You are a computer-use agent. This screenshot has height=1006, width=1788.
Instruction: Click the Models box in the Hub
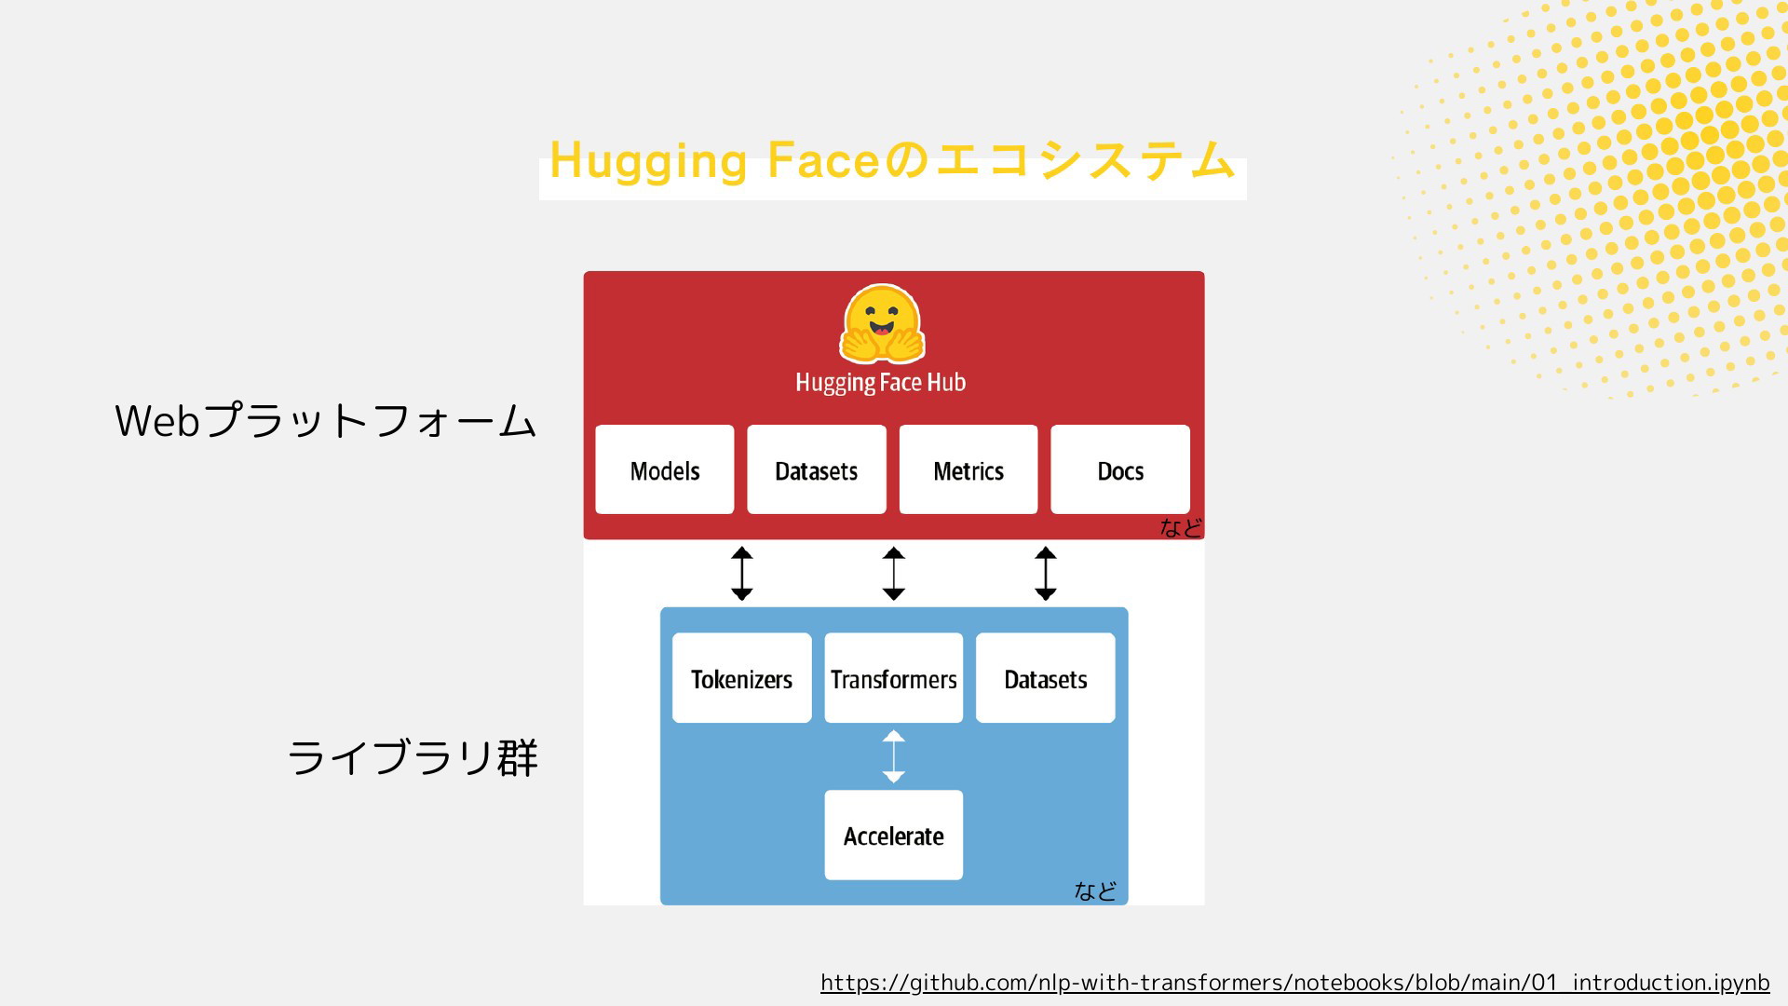(x=665, y=469)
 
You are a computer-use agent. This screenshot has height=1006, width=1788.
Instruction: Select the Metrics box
(x=968, y=469)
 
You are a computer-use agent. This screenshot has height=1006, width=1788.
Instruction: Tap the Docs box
(x=1120, y=469)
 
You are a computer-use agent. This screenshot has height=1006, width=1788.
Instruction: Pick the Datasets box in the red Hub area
(x=817, y=469)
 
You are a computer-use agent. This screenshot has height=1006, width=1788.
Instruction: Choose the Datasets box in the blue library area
(x=1046, y=678)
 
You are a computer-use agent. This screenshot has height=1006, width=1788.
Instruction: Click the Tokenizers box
(x=742, y=678)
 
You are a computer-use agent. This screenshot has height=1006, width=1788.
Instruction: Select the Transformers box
(x=894, y=678)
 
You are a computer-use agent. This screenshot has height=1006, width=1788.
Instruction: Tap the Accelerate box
(x=894, y=836)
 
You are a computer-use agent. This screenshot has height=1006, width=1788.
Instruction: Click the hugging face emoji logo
(x=882, y=324)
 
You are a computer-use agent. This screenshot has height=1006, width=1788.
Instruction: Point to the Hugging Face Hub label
(x=881, y=383)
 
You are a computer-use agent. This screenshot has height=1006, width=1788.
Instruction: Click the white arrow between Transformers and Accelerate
(x=894, y=756)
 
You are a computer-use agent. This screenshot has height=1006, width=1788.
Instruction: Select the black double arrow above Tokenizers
(x=742, y=574)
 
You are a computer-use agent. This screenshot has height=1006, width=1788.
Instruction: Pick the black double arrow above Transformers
(x=894, y=574)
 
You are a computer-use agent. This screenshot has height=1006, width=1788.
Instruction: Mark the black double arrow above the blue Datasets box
(x=1046, y=574)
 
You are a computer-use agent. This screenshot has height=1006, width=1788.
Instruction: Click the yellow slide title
(x=893, y=160)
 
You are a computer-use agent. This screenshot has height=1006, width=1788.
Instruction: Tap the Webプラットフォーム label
(x=326, y=421)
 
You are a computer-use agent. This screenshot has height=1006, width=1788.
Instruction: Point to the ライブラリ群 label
(x=413, y=757)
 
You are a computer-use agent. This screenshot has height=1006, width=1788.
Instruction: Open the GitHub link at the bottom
(x=1295, y=983)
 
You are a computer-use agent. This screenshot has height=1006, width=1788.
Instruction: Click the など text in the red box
(x=1181, y=528)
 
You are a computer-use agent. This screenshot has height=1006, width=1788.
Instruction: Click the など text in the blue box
(x=1095, y=891)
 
